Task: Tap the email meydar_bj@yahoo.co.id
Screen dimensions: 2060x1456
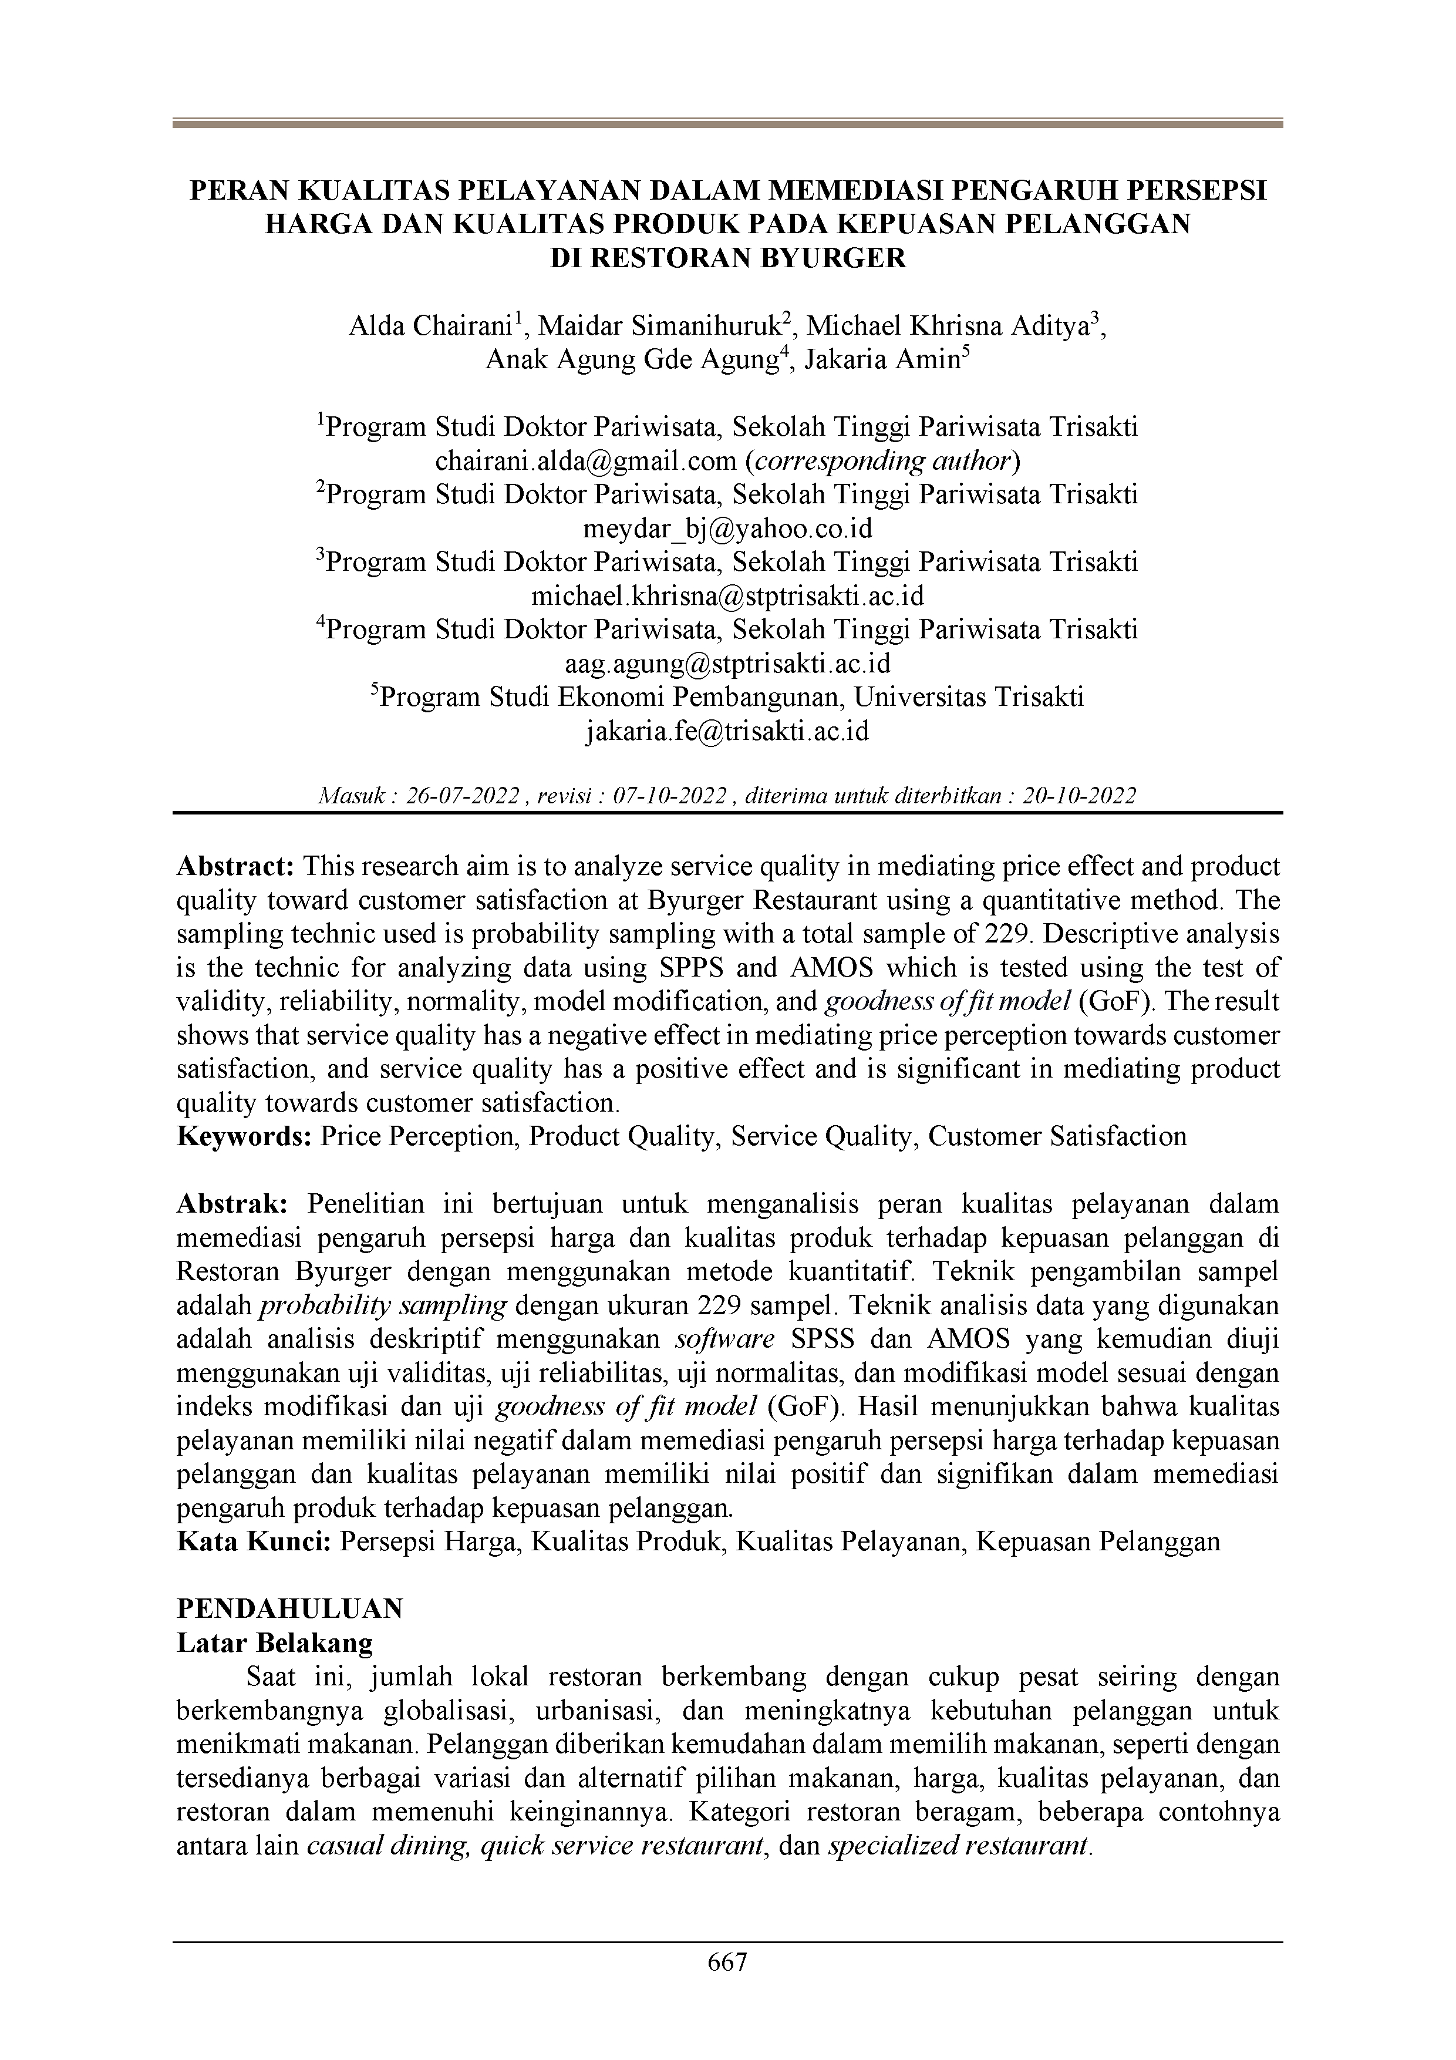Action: pos(727,529)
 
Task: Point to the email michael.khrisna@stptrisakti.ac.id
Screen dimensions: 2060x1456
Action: pos(727,596)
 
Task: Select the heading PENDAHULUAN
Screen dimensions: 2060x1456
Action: pos(290,1608)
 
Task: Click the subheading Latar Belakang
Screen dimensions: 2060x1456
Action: pos(275,1643)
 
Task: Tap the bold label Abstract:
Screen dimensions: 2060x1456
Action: pos(236,867)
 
